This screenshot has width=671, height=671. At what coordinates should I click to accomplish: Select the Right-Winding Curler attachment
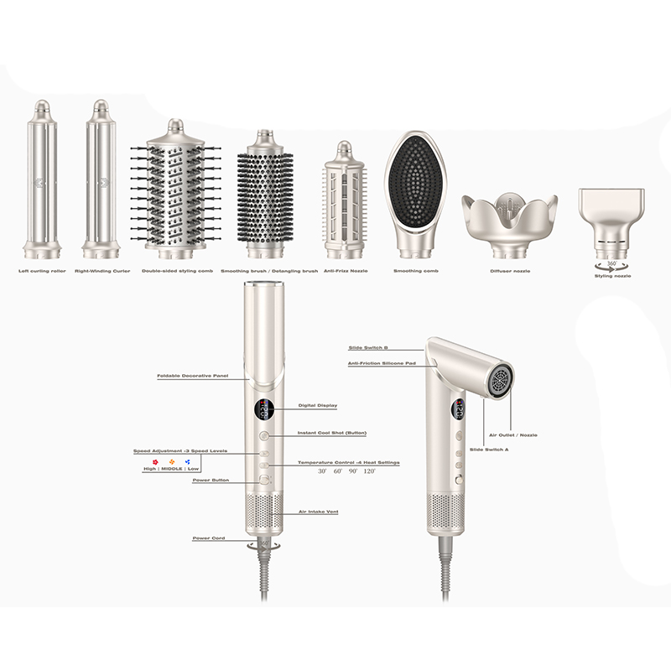point(100,180)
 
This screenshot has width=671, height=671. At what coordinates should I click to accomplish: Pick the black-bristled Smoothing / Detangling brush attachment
point(267,191)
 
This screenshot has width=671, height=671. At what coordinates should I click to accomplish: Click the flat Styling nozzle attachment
point(611,214)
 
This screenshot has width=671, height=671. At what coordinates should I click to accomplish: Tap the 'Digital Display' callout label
point(317,405)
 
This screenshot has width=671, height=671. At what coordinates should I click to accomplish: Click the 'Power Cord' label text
point(209,538)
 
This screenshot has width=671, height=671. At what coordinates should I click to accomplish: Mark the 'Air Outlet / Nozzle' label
point(513,434)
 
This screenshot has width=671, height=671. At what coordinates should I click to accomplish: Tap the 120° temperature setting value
point(369,472)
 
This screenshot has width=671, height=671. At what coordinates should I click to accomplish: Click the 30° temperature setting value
point(322,472)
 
